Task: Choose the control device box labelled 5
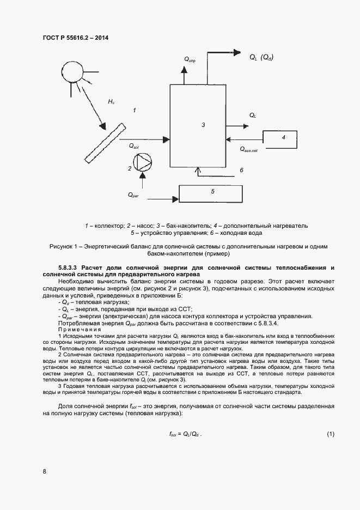(212, 192)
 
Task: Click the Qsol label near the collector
(134, 146)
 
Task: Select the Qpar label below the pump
(133, 195)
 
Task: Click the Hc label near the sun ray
(111, 102)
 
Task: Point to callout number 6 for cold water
(241, 171)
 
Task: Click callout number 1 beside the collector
(134, 110)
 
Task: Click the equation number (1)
(330, 434)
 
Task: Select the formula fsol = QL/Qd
(188, 434)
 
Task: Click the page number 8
(44, 472)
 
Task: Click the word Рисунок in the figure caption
(60, 246)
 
